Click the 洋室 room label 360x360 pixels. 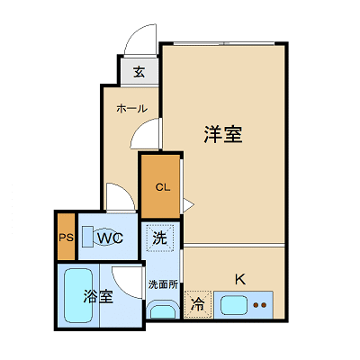tap(223, 136)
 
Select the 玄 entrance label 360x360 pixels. tap(139, 72)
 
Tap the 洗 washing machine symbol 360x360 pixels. tap(159, 239)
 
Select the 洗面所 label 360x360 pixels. tap(162, 284)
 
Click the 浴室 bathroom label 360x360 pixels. tap(97, 296)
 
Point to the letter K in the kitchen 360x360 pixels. tap(239, 278)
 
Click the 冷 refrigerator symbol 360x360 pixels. tap(197, 304)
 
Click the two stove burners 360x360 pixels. tap(261, 305)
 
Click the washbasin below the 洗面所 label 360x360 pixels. tap(162, 311)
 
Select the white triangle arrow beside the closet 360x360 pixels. tap(187, 205)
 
